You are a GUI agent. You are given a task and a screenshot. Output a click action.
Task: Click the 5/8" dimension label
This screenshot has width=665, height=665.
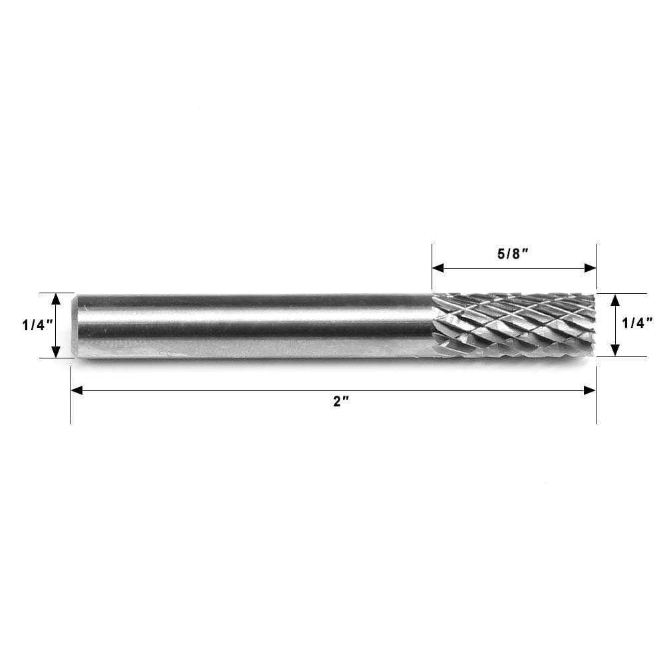coord(512,255)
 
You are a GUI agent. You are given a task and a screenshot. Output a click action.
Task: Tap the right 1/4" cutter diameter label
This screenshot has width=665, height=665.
coord(636,324)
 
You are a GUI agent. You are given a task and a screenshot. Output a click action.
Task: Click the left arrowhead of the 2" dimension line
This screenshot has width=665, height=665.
coord(76,390)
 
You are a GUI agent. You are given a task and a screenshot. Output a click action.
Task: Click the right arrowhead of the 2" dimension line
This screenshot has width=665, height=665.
coord(590,390)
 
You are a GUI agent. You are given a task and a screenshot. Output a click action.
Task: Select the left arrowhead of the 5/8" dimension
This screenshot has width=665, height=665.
coord(438,268)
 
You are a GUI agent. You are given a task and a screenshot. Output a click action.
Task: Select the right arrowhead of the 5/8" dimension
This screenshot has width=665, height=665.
coord(590,268)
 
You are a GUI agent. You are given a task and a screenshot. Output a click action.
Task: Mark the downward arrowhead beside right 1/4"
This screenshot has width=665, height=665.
coord(615,350)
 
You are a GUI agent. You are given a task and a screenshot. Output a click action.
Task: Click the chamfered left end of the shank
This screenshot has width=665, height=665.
coord(75,325)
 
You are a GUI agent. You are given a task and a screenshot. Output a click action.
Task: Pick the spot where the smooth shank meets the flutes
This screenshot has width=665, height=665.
coord(434,325)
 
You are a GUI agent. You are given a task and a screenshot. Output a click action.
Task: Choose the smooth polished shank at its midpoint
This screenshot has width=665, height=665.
coord(253,325)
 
